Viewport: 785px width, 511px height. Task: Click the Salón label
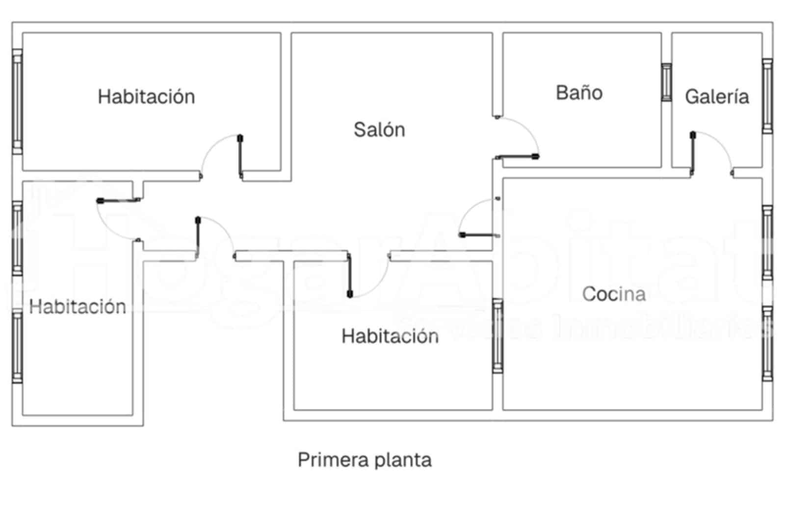click(379, 130)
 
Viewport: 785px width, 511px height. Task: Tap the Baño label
click(579, 93)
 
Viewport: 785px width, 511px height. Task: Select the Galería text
click(717, 97)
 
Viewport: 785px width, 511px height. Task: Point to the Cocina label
click(614, 294)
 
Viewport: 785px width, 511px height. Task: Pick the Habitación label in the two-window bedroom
click(78, 307)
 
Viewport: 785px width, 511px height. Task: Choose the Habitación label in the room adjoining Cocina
click(390, 336)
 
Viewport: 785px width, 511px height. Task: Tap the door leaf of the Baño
click(517, 157)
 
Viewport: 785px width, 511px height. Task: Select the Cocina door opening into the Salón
click(479, 235)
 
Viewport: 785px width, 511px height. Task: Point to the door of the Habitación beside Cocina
click(349, 275)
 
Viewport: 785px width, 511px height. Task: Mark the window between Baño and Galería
click(666, 82)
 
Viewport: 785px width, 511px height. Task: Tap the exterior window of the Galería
click(767, 96)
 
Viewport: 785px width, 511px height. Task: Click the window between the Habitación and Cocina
click(497, 335)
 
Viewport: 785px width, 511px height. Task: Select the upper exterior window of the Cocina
click(767, 243)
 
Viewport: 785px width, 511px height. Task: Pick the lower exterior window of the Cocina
click(767, 343)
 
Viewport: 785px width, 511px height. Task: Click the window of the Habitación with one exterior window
click(17, 102)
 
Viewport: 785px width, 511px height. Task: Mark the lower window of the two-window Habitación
click(17, 346)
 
